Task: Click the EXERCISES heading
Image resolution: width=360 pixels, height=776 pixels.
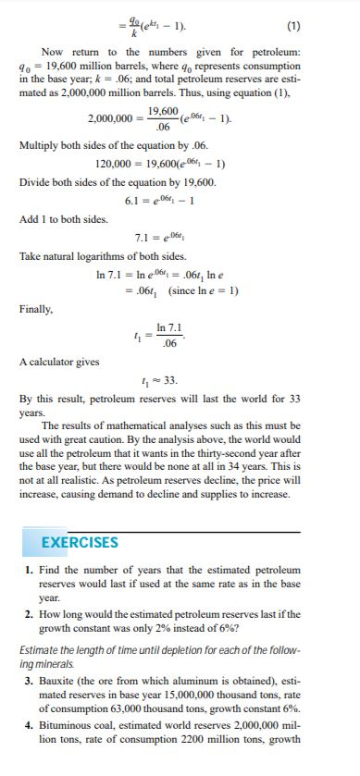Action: tap(81, 541)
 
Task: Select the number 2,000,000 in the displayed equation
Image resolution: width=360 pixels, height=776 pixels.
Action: tap(115, 119)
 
